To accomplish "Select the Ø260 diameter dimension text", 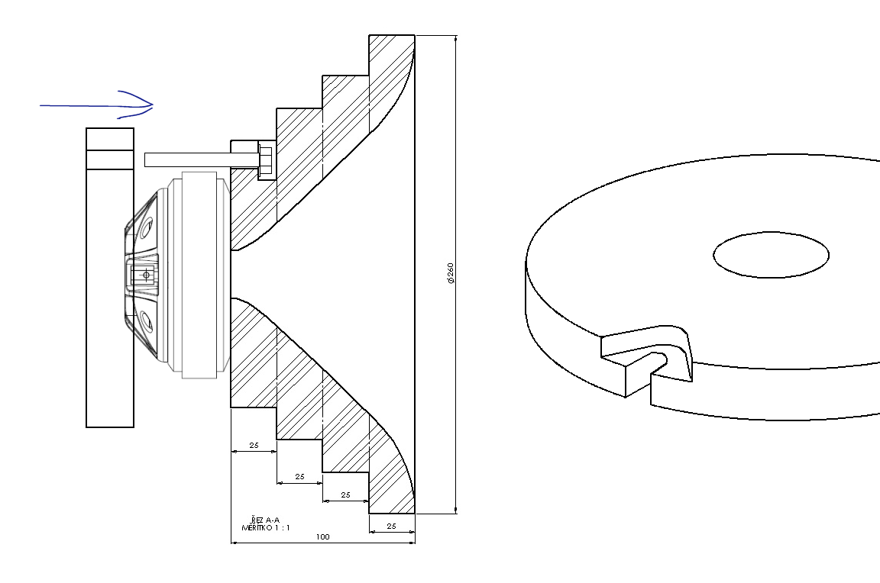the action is click(x=450, y=273).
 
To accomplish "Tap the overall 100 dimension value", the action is click(x=322, y=536).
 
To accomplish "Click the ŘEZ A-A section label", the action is click(x=266, y=520).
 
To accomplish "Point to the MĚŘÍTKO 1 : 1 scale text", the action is click(x=266, y=527).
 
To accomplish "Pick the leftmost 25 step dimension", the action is click(x=254, y=445).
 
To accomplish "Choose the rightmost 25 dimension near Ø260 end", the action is click(x=392, y=526).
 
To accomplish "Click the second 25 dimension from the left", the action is click(x=299, y=476).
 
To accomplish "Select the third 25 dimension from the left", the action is click(x=346, y=494).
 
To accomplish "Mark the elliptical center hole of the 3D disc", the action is click(x=771, y=255).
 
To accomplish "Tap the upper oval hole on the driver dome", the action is click(x=147, y=228).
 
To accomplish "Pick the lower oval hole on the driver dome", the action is click(x=147, y=322).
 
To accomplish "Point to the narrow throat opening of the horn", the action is click(x=232, y=274).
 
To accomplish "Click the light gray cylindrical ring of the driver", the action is click(x=200, y=275).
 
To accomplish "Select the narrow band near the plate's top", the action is click(x=110, y=159).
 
